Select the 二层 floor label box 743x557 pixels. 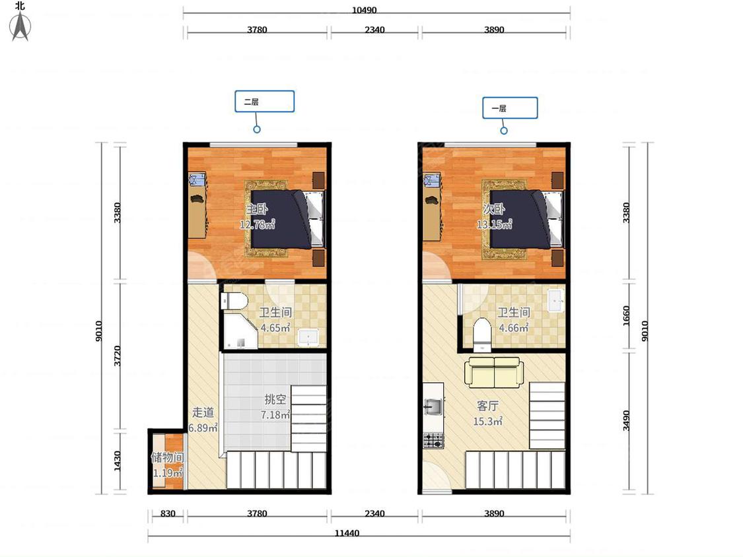point(264,102)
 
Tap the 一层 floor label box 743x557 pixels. point(510,108)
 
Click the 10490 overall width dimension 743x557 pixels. point(364,10)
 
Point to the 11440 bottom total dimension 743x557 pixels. point(347,533)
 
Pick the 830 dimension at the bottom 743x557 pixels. point(168,513)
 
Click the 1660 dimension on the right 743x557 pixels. point(627,315)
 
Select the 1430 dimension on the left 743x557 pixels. point(118,461)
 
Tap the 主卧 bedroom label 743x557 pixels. point(256,209)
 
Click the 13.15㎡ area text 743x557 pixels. point(494,224)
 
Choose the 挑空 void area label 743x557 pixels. point(275,399)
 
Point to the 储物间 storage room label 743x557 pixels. point(167,457)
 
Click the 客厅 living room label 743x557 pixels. point(487,406)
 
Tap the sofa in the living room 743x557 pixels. point(494,372)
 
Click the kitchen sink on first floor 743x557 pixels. point(433,407)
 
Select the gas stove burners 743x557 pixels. point(433,440)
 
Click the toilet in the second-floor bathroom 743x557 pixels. point(234,301)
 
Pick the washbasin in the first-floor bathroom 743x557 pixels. point(556,300)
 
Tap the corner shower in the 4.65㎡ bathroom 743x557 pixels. point(239,330)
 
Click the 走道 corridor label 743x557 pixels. point(203,412)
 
